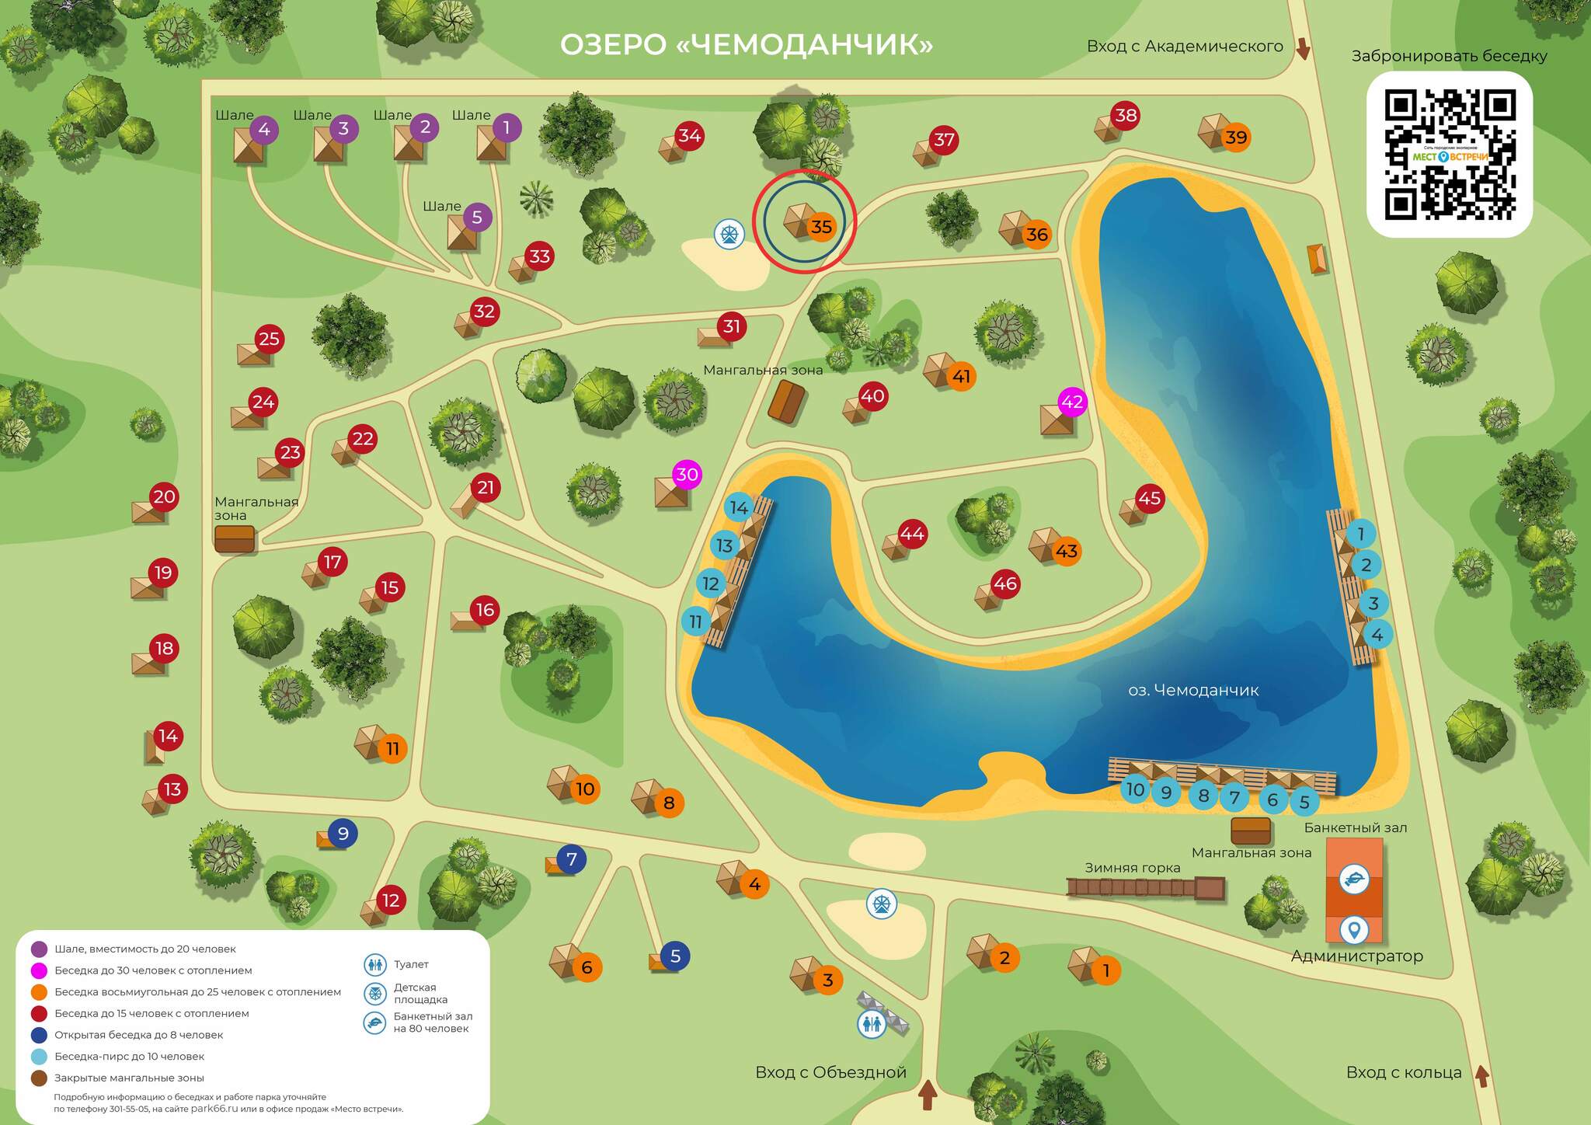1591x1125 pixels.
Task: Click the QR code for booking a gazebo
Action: pyautogui.click(x=1449, y=155)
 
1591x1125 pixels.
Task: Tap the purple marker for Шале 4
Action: pyautogui.click(x=264, y=129)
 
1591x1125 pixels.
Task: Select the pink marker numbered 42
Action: pyautogui.click(x=1072, y=402)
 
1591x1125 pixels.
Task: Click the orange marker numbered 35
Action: pyautogui.click(x=821, y=226)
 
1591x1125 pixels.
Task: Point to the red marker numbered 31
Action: pyautogui.click(x=732, y=326)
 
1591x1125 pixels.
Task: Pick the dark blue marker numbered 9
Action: pyautogui.click(x=343, y=833)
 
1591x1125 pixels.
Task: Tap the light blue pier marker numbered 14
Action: pyautogui.click(x=739, y=507)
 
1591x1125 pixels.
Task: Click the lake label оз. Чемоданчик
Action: pyautogui.click(x=1192, y=690)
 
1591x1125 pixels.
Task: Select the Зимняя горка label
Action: pyautogui.click(x=1132, y=868)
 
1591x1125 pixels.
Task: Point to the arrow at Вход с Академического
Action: pyautogui.click(x=1303, y=49)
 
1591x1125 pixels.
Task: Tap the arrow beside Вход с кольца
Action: pyautogui.click(x=1481, y=1075)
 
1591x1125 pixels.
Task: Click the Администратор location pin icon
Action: pyautogui.click(x=1354, y=929)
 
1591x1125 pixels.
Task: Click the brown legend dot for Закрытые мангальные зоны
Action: pyautogui.click(x=39, y=1078)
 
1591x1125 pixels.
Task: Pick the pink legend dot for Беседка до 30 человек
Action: pyautogui.click(x=39, y=970)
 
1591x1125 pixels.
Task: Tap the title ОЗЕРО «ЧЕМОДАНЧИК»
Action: pyautogui.click(x=746, y=44)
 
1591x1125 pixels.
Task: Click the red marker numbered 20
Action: pyautogui.click(x=164, y=496)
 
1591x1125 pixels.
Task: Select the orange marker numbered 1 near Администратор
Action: pyautogui.click(x=1106, y=970)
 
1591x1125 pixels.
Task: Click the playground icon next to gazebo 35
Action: pyautogui.click(x=729, y=233)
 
